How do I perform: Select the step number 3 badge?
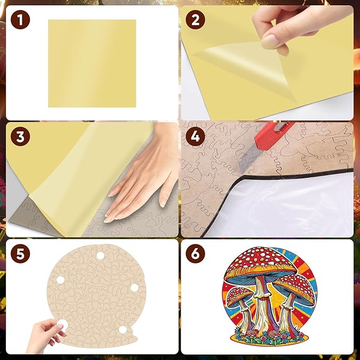pos(20,136)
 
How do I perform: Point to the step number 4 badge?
pos(195,136)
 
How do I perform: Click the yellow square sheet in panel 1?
pos(92,64)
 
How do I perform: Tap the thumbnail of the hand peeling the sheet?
pos(267,63)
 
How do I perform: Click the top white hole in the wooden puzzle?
pos(100,256)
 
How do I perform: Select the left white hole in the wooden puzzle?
pos(60,280)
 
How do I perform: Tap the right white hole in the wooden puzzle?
pos(134,287)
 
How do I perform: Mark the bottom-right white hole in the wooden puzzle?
pos(123,330)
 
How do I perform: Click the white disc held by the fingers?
pos(62,324)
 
